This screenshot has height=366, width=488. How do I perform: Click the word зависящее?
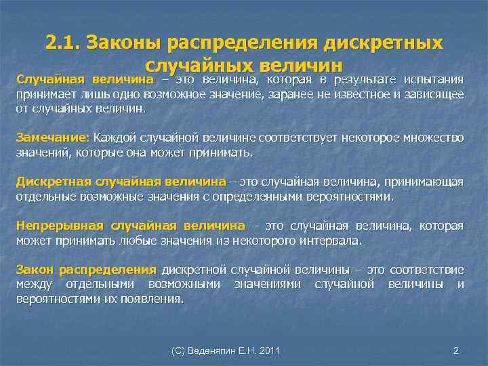433,94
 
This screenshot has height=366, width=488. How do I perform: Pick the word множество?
432,138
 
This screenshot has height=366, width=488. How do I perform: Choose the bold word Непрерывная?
60,226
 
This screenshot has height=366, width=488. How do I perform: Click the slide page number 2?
455,350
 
